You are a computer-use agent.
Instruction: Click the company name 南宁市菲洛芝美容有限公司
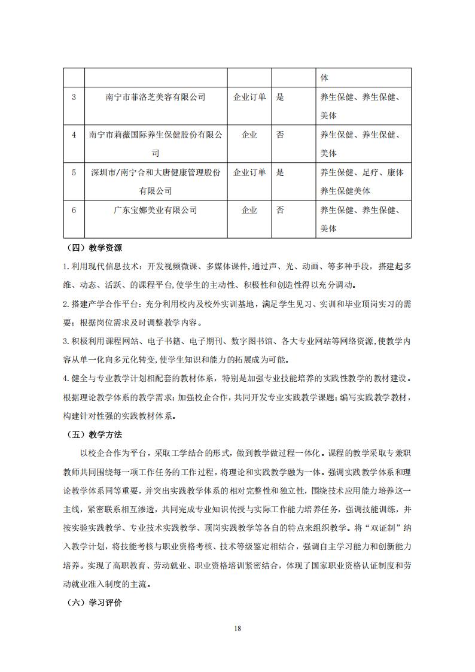coord(155,97)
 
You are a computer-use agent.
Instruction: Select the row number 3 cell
coord(74,97)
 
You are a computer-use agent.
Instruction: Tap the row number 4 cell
coord(74,135)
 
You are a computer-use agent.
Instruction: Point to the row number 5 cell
coord(74,172)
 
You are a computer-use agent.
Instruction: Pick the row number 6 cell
coord(74,210)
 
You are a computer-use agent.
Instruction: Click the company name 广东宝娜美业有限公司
coord(155,210)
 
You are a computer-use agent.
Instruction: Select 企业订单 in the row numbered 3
coord(249,97)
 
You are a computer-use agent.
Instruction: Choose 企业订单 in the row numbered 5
coord(249,172)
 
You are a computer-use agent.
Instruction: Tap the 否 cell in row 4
coord(280,135)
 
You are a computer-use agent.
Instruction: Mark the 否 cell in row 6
coord(280,210)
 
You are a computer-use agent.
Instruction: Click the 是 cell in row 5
coord(280,172)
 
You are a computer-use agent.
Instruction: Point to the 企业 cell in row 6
coord(249,210)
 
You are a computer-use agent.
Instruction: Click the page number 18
coord(237,628)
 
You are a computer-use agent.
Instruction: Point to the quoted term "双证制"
coord(385,528)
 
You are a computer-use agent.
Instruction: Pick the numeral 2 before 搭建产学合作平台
coord(65,303)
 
